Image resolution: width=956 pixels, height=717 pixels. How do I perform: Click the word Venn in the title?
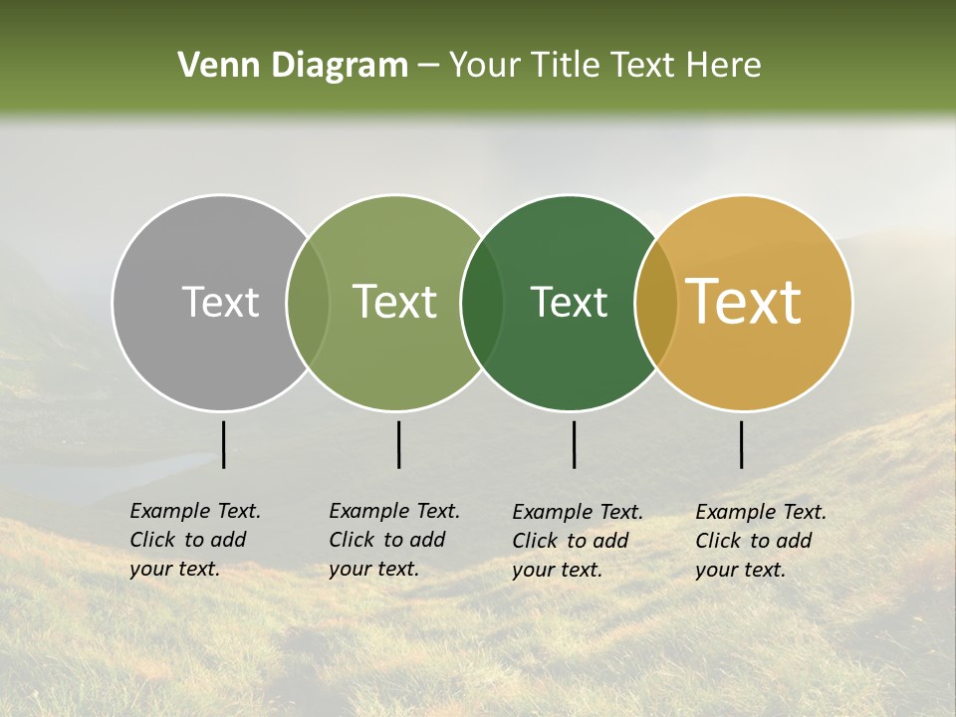tap(212, 66)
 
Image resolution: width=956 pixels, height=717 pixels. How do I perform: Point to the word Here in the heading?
tap(725, 66)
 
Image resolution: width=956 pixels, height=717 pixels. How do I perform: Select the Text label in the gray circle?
tap(220, 303)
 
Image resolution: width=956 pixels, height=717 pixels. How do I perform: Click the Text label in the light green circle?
tap(395, 303)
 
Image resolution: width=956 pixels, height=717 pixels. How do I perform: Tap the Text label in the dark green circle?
tap(570, 303)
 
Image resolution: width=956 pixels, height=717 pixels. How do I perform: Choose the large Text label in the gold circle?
tap(744, 303)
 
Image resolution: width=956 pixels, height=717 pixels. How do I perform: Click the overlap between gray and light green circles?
tap(308, 303)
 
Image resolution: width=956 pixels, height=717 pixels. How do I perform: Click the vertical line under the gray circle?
tap(223, 444)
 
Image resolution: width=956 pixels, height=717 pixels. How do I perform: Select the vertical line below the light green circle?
tap(398, 444)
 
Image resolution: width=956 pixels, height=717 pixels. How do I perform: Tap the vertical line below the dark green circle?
tap(574, 444)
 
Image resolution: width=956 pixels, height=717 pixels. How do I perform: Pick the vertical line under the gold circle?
tap(742, 444)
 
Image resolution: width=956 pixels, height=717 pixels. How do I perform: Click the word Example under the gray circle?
tap(164, 512)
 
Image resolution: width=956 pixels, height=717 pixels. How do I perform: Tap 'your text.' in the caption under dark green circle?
tap(558, 570)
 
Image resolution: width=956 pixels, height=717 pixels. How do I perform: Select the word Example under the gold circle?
tap(730, 513)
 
